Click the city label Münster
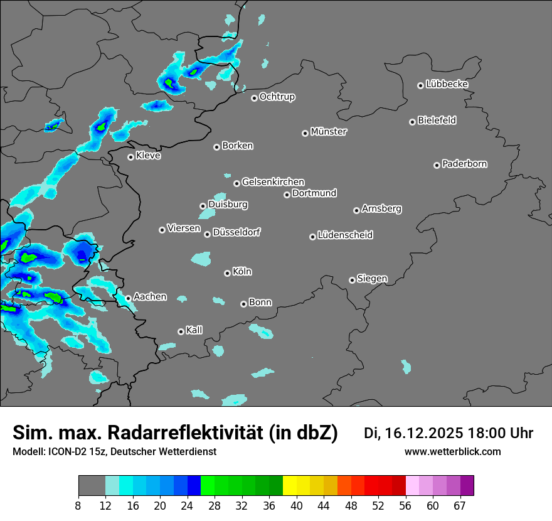329,132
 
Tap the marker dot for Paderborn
437,165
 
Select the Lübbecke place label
447,84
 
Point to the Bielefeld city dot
413,122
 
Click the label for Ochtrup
277,97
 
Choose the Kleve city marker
131,157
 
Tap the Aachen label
150,297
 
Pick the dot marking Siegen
352,280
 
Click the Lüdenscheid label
345,235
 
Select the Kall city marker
181,331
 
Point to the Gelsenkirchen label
273,182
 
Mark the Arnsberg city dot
356,210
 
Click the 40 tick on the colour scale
297,506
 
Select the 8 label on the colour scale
78,506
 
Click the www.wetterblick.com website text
452,452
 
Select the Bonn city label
260,303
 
